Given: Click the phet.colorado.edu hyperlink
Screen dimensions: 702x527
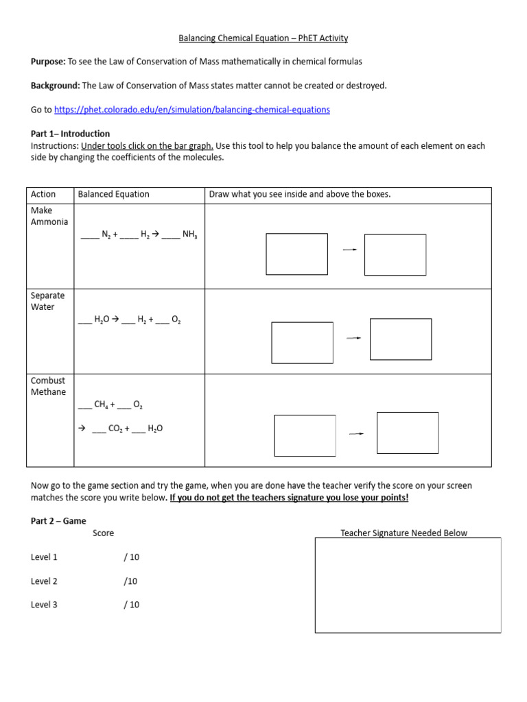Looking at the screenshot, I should click(x=191, y=110).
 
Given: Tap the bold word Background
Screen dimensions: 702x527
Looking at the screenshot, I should click(x=55, y=86).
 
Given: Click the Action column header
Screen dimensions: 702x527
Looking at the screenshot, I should click(x=43, y=194).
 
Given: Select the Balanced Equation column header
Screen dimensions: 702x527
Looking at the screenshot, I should click(x=113, y=194).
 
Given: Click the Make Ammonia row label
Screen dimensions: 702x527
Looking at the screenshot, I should click(x=49, y=216).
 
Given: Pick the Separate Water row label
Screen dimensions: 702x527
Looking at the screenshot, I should click(x=48, y=301).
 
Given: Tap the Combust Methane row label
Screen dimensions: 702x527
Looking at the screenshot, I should click(x=49, y=386).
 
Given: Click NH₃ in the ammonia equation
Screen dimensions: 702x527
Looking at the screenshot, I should click(x=190, y=234).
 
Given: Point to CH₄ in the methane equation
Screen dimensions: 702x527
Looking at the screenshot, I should click(x=101, y=405).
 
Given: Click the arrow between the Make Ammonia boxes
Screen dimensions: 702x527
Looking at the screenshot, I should click(x=349, y=250).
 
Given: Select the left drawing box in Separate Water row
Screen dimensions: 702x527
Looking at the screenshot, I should click(x=302, y=342).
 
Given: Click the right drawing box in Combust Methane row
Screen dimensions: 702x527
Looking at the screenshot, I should click(x=408, y=433).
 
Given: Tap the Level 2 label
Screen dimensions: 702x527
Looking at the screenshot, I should click(x=44, y=581).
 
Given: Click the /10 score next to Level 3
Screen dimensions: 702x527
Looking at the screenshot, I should click(x=131, y=605).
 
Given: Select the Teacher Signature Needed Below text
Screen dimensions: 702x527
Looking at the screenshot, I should click(x=403, y=533).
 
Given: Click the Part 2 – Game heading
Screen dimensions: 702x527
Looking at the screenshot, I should click(x=58, y=521).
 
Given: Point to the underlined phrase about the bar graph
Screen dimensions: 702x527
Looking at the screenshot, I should click(x=147, y=145).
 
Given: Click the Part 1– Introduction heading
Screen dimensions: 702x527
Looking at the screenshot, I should click(x=70, y=134).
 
